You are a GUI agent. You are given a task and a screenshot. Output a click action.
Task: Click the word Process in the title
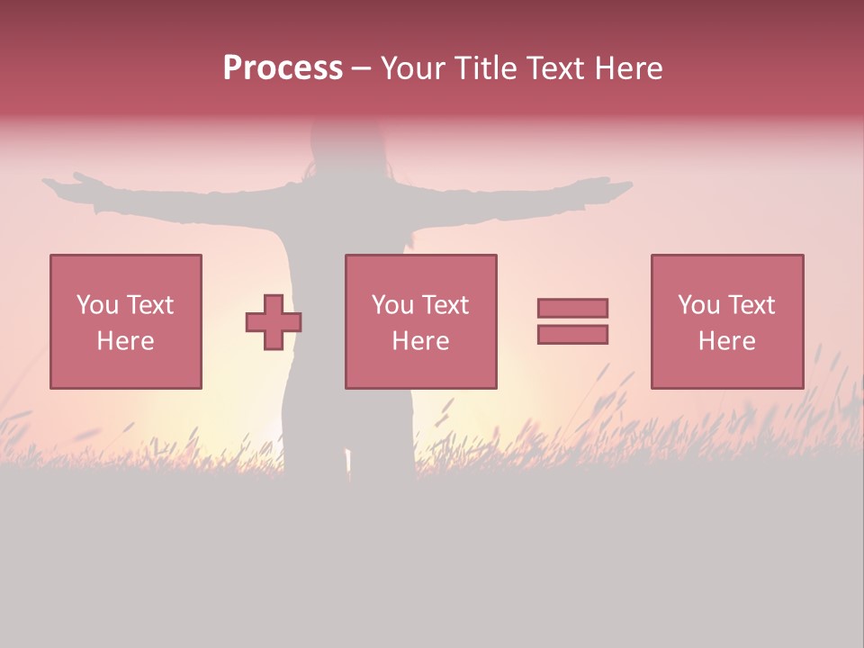coord(283,68)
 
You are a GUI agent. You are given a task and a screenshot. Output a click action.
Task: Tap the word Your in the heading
coord(413,68)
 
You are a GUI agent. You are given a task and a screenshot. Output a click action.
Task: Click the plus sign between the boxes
coord(274,322)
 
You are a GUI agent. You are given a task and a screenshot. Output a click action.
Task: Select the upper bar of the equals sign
coord(572,308)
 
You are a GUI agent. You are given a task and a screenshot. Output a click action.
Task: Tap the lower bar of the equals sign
coord(572,335)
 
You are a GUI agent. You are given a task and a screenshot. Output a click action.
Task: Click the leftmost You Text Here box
coord(126,270)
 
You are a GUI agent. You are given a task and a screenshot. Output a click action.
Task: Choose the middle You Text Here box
coord(421,270)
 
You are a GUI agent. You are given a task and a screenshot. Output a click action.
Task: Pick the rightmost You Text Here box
coord(727,270)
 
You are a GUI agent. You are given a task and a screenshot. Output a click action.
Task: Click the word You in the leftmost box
coord(96,305)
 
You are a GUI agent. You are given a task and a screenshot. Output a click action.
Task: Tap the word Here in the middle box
coord(420,341)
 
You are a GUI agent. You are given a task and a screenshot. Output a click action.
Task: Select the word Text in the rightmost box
coord(751,305)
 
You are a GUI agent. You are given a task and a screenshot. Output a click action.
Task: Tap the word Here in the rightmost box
coord(726,341)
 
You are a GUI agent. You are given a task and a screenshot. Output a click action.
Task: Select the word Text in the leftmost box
coord(149,305)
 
